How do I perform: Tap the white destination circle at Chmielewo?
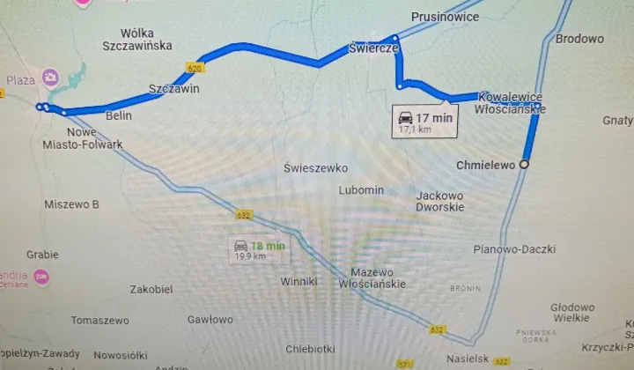[x=525, y=165]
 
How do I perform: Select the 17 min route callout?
[x=424, y=122]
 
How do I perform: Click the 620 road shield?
[x=195, y=67]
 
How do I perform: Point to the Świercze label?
[x=374, y=48]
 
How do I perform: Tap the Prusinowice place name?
[x=446, y=17]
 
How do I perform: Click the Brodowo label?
[x=579, y=39]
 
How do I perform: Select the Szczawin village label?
[x=173, y=90]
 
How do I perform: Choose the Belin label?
[x=118, y=115]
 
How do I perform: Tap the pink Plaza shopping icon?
[x=51, y=78]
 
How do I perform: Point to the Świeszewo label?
[x=316, y=167]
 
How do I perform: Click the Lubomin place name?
[x=361, y=189]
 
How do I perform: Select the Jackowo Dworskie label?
[x=439, y=202]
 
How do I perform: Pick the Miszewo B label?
[x=71, y=204]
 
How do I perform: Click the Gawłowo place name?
[x=210, y=320]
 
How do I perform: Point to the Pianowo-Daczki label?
[x=514, y=249]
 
